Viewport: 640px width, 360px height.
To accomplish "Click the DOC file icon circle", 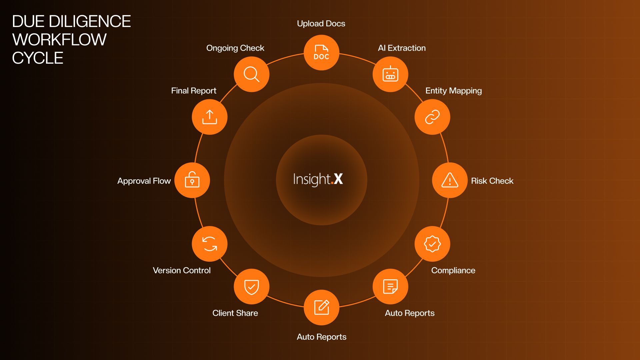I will pos(321,53).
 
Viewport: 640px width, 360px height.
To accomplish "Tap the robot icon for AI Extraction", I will pos(390,74).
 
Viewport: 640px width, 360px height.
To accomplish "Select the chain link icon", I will pos(432,117).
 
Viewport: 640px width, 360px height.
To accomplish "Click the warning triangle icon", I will pos(450,180).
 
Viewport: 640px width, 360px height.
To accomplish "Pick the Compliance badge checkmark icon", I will pos(432,244).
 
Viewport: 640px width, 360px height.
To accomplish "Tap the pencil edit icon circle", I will pos(321,307).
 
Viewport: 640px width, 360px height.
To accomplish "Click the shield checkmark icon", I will pos(252,287).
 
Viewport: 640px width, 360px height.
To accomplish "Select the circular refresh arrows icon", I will pos(210,244).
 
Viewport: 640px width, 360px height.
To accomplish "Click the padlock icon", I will pos(192,180).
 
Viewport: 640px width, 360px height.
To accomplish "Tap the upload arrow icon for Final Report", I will pos(210,117).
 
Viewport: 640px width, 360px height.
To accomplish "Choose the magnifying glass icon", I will pos(252,74).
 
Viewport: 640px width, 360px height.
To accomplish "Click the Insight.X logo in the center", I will pos(318,179).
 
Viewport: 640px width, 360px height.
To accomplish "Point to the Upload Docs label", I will pos(321,24).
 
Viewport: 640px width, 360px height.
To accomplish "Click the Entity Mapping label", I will pos(453,91).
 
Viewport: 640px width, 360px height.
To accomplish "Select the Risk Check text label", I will pos(492,181).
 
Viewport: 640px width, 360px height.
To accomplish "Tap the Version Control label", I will pos(182,270).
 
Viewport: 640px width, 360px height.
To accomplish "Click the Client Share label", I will pos(235,313).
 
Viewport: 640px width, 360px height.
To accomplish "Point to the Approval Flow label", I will pos(144,181).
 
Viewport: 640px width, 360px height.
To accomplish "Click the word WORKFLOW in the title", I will pos(59,40).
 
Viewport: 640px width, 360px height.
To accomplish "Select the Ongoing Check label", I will pos(235,48).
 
